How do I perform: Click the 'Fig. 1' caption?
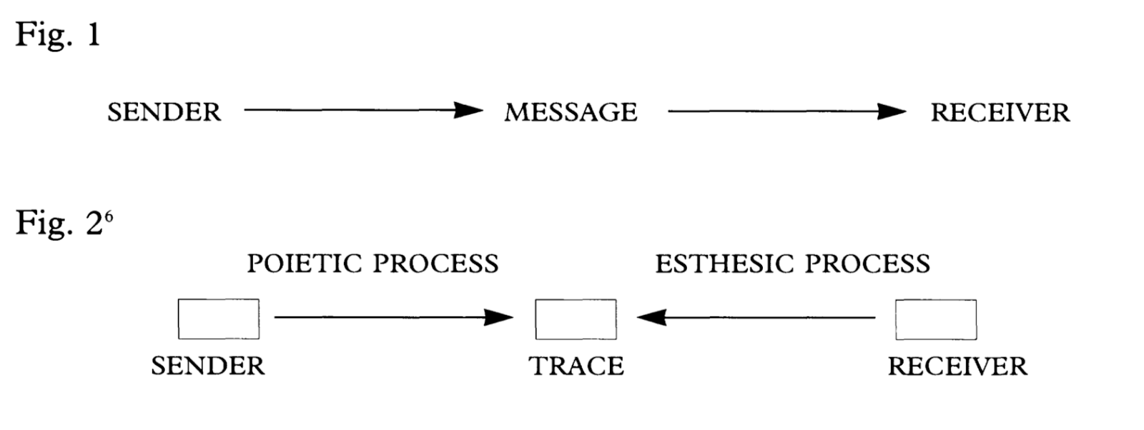pos(57,34)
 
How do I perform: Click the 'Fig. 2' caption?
pos(59,223)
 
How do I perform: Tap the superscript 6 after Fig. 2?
pos(109,215)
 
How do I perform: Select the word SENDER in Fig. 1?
pos(164,112)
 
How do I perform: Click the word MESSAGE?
pos(571,112)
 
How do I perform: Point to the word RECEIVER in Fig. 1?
pos(1000,113)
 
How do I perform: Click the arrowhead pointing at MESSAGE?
pos(470,110)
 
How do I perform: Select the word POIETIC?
pos(305,264)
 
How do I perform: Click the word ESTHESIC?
pos(724,264)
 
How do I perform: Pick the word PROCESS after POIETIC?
pos(435,264)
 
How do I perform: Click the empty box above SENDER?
pos(219,319)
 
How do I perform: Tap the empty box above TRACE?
pos(576,319)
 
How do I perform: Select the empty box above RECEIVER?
pos(936,319)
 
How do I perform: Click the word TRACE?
pos(576,366)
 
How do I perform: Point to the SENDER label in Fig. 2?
pos(208,366)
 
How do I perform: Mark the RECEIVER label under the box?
pos(957,366)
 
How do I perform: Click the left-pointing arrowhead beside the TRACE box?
pos(651,317)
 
